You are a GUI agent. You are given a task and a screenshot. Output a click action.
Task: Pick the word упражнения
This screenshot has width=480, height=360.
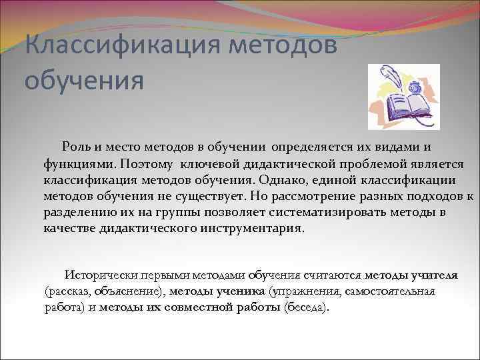click(303, 291)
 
